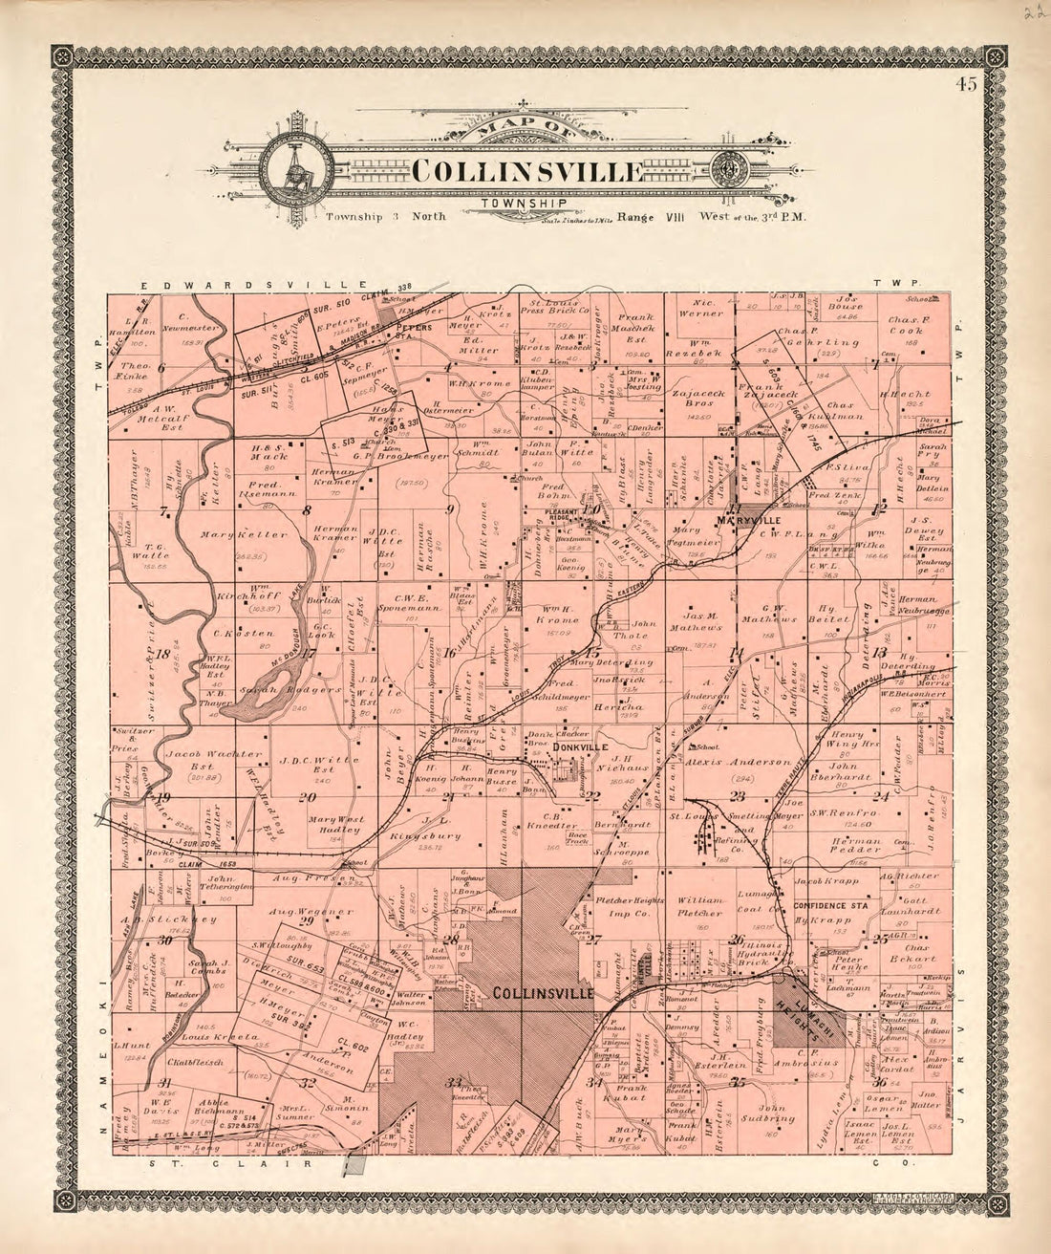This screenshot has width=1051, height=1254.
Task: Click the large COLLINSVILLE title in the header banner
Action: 526,171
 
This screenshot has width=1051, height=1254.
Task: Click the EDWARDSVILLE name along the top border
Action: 254,286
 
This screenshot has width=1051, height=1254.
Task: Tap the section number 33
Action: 455,1081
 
